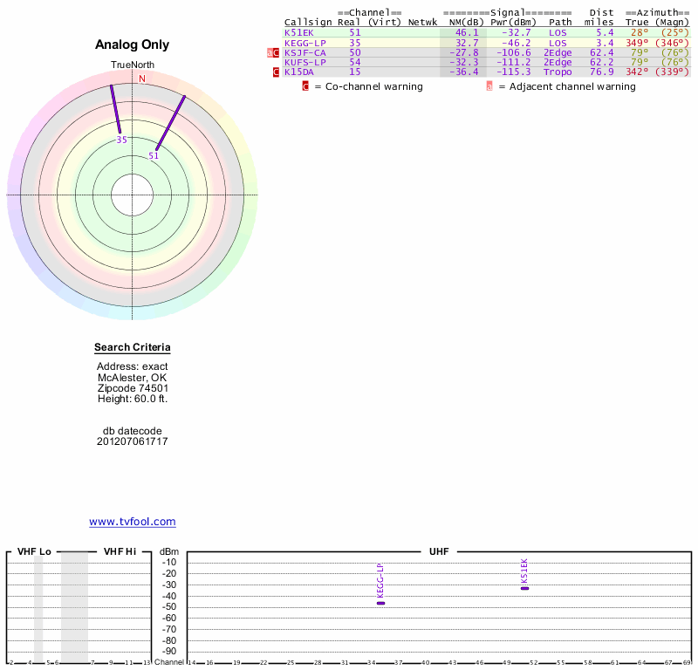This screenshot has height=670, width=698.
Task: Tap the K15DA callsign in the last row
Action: (298, 72)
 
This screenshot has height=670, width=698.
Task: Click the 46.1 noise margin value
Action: (467, 32)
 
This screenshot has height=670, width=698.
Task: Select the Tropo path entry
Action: (558, 72)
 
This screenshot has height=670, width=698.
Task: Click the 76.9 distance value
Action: (602, 72)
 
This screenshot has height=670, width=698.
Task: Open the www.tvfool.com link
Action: (133, 522)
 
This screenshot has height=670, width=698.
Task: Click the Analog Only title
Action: (133, 44)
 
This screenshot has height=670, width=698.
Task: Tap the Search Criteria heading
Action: (133, 348)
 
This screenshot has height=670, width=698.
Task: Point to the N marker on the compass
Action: (142, 79)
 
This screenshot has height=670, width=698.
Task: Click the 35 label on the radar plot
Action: (122, 140)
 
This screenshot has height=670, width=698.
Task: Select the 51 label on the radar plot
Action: (154, 156)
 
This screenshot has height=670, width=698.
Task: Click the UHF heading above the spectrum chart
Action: (438, 551)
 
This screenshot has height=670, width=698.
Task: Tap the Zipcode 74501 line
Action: (133, 388)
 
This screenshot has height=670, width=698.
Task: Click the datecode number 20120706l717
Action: (133, 441)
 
